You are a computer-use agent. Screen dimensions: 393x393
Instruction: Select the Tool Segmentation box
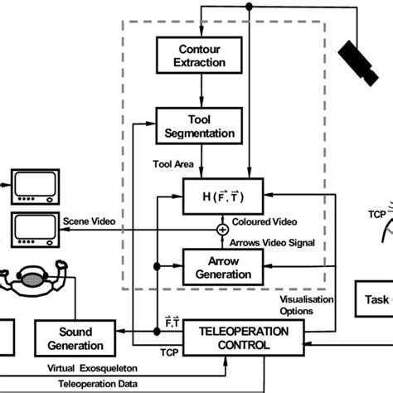[196, 124]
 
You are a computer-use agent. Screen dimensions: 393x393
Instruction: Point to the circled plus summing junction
[222, 229]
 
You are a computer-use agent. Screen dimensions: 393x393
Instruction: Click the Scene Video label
[88, 221]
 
